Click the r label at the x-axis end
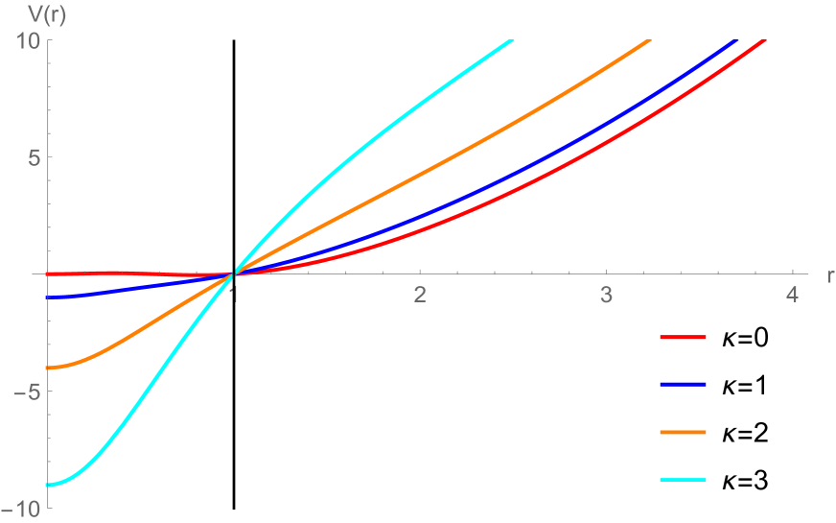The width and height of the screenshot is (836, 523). pos(829,274)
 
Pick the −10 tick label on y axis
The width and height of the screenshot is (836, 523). pos(19,509)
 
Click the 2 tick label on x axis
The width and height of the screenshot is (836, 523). pos(420,294)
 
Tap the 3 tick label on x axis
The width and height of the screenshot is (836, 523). pos(606,294)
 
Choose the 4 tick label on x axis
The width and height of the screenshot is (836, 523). pos(792,294)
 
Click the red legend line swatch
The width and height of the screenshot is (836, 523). pos(683,338)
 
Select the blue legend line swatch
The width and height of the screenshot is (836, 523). pos(683,385)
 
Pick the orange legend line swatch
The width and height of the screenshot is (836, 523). pos(683,433)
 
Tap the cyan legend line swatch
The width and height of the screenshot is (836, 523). pos(683,480)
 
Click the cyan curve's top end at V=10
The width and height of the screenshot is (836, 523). pos(513,40)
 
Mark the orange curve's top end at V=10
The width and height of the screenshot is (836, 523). pos(650,40)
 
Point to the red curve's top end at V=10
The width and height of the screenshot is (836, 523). pos(764,40)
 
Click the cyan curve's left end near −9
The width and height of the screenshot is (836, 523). pos(48,486)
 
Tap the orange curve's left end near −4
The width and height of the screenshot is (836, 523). pos(48,368)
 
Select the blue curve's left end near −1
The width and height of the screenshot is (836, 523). pos(48,297)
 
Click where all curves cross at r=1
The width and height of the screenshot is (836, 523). pos(234,274)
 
